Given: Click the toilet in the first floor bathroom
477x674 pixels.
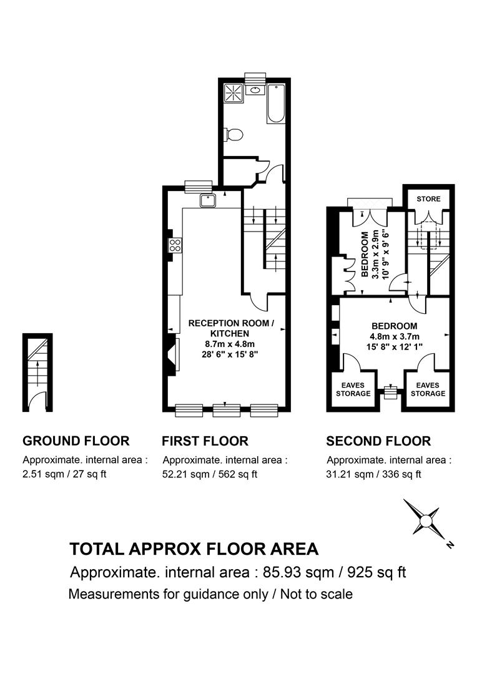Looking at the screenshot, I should coord(235,134).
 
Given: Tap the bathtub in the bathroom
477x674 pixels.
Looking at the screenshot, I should coord(276,103).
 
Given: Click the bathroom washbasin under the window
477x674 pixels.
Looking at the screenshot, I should coord(255,89).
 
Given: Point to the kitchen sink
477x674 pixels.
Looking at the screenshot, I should coord(207,200).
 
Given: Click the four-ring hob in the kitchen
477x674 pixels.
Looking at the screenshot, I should coord(175,245).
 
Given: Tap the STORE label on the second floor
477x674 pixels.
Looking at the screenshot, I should coord(429,199).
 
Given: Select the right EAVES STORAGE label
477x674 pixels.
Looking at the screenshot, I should coord(428,389).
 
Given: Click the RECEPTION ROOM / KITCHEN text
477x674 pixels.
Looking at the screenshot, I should coord(231,328).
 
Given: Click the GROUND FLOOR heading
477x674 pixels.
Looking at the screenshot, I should coord(76,441).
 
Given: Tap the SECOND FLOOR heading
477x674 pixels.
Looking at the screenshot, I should coord(378,441).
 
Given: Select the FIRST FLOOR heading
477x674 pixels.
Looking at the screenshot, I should coord(205,441).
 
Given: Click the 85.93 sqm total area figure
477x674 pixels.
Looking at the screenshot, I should coord(302,572).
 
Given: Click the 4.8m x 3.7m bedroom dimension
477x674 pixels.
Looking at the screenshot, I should coord(394,336).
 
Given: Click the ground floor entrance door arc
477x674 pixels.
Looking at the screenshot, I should coord(39,401).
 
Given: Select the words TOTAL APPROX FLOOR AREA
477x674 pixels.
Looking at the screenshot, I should coord(194,549).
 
